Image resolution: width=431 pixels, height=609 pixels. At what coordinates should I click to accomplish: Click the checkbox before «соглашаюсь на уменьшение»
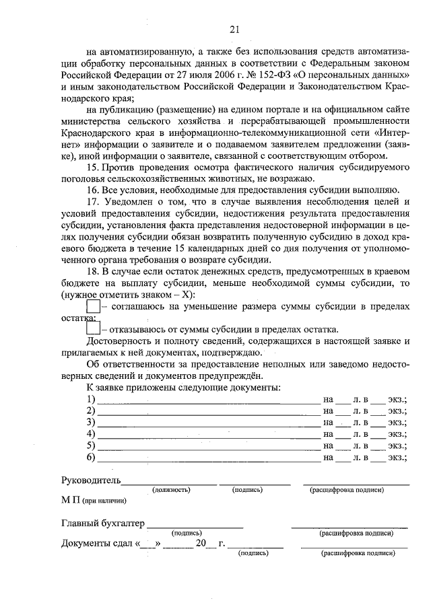pos(94,307)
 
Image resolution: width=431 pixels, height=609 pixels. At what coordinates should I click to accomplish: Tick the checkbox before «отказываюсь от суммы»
pos(94,329)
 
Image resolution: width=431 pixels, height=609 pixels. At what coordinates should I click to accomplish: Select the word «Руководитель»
pos(91,480)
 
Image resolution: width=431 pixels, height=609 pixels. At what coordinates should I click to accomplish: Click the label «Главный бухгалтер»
pos(103,523)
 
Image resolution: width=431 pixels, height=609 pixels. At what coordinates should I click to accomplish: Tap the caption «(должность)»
pos(173,491)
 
